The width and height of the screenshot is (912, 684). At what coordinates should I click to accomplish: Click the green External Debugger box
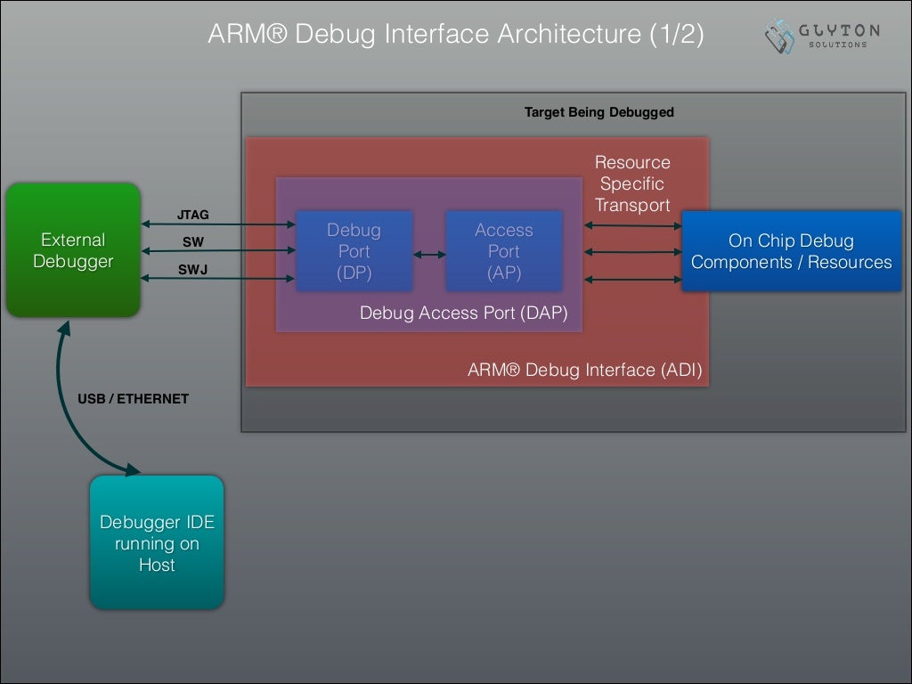pos(73,250)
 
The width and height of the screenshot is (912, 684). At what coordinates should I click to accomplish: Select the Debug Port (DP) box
pos(354,251)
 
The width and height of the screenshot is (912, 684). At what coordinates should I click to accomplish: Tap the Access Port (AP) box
pos(503,251)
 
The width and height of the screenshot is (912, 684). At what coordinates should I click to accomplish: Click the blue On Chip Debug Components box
pos(791,251)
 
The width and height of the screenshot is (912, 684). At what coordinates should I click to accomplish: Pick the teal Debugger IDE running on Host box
pos(157,542)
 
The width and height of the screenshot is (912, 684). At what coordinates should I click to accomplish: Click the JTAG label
pos(193,215)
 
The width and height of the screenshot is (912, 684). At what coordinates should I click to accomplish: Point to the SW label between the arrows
pos(192,241)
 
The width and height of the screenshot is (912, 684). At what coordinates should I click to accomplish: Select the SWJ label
pos(192,269)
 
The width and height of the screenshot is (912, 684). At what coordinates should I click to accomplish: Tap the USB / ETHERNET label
pos(133,398)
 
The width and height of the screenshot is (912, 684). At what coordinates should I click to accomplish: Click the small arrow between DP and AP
pos(429,255)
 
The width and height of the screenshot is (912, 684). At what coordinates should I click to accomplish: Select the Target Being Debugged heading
pos(598,112)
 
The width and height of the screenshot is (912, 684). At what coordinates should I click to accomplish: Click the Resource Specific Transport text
pos(632,183)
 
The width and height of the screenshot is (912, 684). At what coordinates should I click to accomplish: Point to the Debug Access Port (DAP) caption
pos(463,313)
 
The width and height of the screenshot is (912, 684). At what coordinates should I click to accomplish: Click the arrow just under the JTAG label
pos(217,225)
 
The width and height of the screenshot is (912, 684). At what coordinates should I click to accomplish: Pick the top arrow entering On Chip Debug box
pos(633,225)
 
